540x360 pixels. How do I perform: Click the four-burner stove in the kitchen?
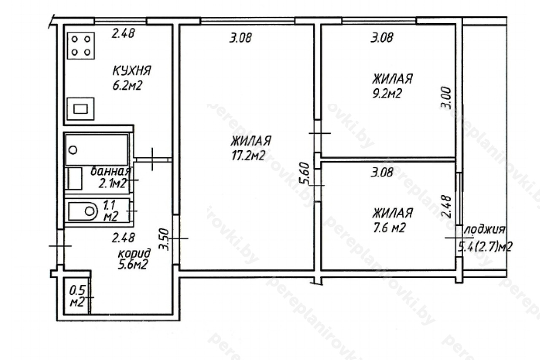pyautogui.click(x=81, y=46)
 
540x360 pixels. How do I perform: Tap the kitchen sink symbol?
pyautogui.click(x=81, y=109)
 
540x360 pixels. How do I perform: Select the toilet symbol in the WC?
pyautogui.click(x=83, y=211)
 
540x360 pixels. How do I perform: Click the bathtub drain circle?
pyautogui.click(x=73, y=150)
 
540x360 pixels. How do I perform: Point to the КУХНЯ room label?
pyautogui.click(x=132, y=70)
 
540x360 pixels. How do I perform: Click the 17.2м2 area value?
pyautogui.click(x=248, y=156)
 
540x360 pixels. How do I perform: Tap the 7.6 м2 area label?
pyautogui.click(x=389, y=227)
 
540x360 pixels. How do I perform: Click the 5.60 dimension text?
pyautogui.click(x=305, y=173)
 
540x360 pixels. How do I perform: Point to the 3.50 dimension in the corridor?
pyautogui.click(x=165, y=239)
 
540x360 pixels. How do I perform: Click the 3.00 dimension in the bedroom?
pyautogui.click(x=445, y=98)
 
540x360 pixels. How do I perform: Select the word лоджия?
pyautogui.click(x=485, y=230)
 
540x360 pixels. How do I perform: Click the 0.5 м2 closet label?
pyautogui.click(x=77, y=296)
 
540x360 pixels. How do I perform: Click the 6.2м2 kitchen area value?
pyautogui.click(x=127, y=85)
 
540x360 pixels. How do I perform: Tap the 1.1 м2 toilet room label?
pyautogui.click(x=111, y=211)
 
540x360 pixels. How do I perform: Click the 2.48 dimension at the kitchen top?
pyautogui.click(x=123, y=33)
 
